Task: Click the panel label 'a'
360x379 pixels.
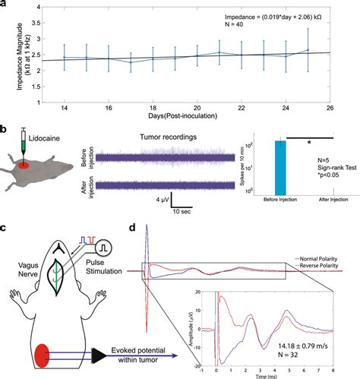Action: (5, 5)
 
